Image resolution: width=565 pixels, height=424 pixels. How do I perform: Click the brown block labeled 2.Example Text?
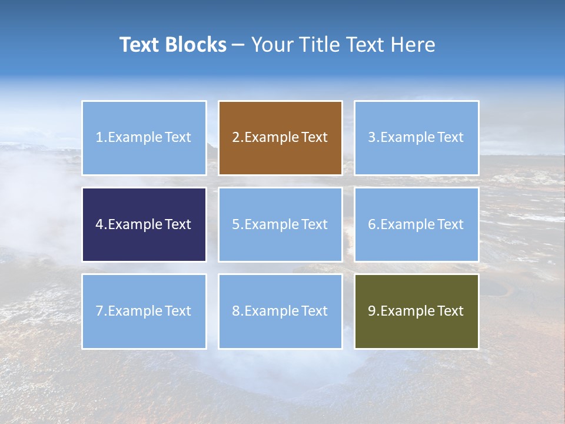tap(280, 138)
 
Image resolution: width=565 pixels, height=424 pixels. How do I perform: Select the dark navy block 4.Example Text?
tap(144, 224)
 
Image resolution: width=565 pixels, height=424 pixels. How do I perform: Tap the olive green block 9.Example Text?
tap(416, 311)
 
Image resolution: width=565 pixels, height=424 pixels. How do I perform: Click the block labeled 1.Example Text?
tap(144, 138)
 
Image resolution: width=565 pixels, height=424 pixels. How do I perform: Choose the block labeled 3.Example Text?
tap(416, 138)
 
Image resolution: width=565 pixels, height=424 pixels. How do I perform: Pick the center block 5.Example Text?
tap(280, 224)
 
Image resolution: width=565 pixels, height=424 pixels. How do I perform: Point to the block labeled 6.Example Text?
tap(416, 224)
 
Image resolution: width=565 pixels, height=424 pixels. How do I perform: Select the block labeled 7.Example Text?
tap(144, 311)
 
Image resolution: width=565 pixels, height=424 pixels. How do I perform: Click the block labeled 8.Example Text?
tap(280, 311)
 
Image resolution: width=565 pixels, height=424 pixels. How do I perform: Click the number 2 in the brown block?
tap(235, 138)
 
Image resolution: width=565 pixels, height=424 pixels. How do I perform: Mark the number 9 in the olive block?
tap(371, 311)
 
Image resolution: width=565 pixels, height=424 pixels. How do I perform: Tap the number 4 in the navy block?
tap(99, 224)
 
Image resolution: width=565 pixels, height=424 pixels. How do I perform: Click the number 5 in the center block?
tap(235, 224)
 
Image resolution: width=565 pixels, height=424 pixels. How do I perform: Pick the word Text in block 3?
tap(450, 138)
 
